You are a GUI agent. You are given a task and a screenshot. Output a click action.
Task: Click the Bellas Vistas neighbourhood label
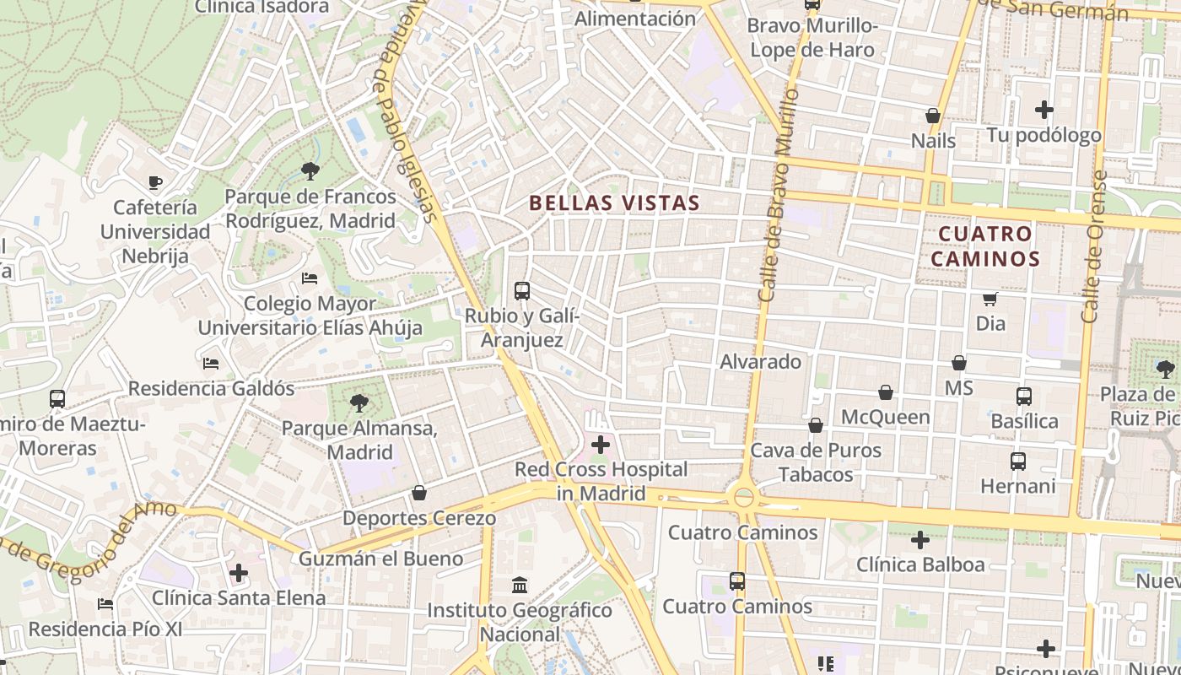614,202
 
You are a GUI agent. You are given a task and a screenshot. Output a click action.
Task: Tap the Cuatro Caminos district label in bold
985,246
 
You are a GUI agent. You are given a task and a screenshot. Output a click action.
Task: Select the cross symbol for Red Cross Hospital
601,444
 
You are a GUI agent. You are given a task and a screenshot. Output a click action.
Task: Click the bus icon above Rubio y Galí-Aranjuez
522,291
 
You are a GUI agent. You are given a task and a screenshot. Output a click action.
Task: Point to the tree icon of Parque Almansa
359,402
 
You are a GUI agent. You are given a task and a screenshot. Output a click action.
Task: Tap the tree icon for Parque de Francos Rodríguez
310,171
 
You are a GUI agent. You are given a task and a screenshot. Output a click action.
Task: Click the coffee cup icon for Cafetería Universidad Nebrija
155,181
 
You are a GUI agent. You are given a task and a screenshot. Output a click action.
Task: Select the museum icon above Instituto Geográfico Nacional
520,584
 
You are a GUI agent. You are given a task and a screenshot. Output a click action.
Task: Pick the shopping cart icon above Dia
990,299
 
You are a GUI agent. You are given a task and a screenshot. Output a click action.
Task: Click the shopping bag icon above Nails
933,116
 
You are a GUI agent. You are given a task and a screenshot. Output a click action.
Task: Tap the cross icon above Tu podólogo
1044,110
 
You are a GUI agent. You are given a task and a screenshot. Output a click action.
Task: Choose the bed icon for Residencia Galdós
211,364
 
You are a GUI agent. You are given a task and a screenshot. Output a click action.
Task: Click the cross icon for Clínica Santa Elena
239,574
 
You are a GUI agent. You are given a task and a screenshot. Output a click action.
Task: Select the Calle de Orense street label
1094,246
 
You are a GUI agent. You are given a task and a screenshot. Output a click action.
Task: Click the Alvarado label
760,362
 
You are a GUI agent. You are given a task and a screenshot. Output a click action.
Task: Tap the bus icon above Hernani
1018,462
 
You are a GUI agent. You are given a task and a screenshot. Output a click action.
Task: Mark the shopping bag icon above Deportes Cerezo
419,493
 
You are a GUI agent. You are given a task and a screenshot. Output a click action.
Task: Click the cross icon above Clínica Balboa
920,539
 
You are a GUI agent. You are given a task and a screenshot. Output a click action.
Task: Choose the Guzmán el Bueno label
380,559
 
